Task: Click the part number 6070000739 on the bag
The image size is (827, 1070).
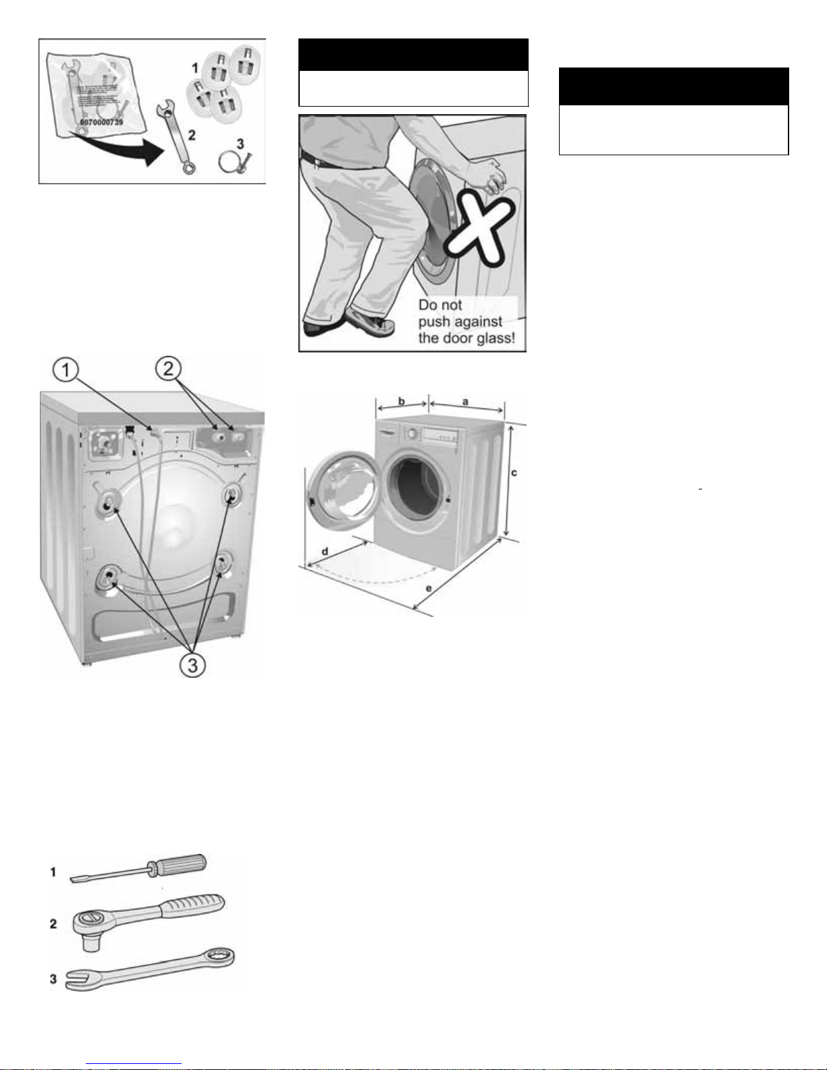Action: pyautogui.click(x=101, y=122)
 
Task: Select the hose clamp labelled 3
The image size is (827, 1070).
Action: pyautogui.click(x=234, y=161)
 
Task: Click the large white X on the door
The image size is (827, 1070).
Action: pyautogui.click(x=480, y=225)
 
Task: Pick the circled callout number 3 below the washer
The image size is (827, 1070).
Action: pyautogui.click(x=192, y=665)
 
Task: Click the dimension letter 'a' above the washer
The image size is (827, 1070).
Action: pyautogui.click(x=465, y=402)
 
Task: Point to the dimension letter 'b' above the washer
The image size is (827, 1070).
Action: pyautogui.click(x=402, y=402)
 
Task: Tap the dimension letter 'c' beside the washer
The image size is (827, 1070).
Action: pyautogui.click(x=514, y=473)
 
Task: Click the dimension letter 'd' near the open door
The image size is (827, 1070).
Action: pyautogui.click(x=325, y=552)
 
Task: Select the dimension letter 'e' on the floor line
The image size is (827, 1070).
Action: pyautogui.click(x=429, y=589)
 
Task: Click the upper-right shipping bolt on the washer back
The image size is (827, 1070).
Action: pyautogui.click(x=232, y=496)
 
